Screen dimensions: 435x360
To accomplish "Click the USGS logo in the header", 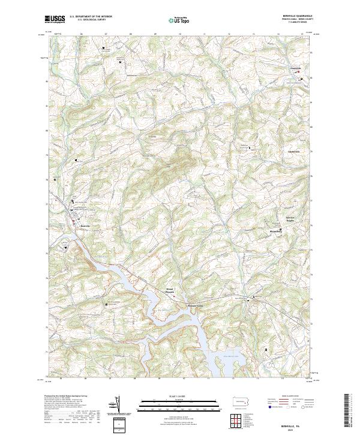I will coord(55,19).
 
